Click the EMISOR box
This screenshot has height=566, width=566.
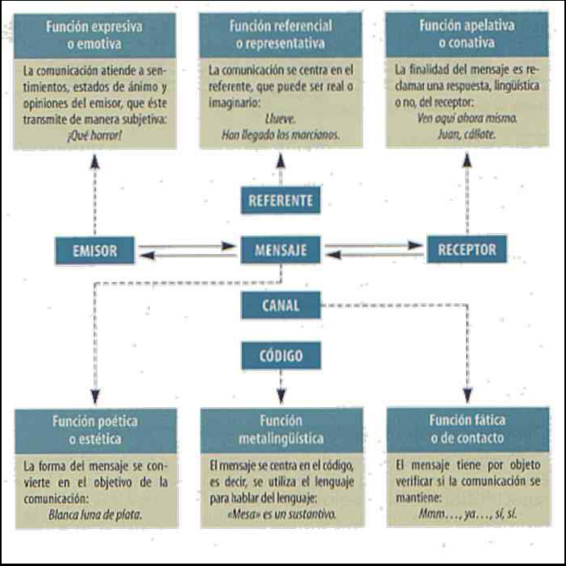pos(94,251)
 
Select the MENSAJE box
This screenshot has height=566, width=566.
pos(281,250)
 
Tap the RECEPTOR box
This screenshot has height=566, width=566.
pos(467,249)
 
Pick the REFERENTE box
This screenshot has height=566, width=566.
pos(281,200)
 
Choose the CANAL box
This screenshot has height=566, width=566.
pos(281,306)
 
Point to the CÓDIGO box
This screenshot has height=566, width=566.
pos(281,356)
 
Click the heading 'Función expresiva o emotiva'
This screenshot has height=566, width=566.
pos(94,35)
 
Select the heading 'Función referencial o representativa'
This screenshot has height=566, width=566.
pos(281,35)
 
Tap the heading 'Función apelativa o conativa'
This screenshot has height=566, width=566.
pos(467,34)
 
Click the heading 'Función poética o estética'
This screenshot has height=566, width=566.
pos(95,431)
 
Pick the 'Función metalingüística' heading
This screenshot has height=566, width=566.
pos(281,430)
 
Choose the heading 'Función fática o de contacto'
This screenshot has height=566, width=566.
pos(468,429)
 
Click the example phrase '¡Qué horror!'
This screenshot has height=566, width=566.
pos(94,135)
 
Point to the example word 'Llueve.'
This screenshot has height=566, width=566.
pos(281,119)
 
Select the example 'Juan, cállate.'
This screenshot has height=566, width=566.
pos(467,135)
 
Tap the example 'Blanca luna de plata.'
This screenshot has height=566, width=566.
pos(95,514)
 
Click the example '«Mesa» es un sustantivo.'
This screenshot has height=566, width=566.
pos(281,514)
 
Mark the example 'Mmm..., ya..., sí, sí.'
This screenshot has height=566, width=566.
pos(468,513)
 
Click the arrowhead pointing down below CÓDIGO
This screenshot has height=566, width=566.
pos(281,395)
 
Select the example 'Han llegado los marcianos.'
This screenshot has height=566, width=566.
pos(281,135)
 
